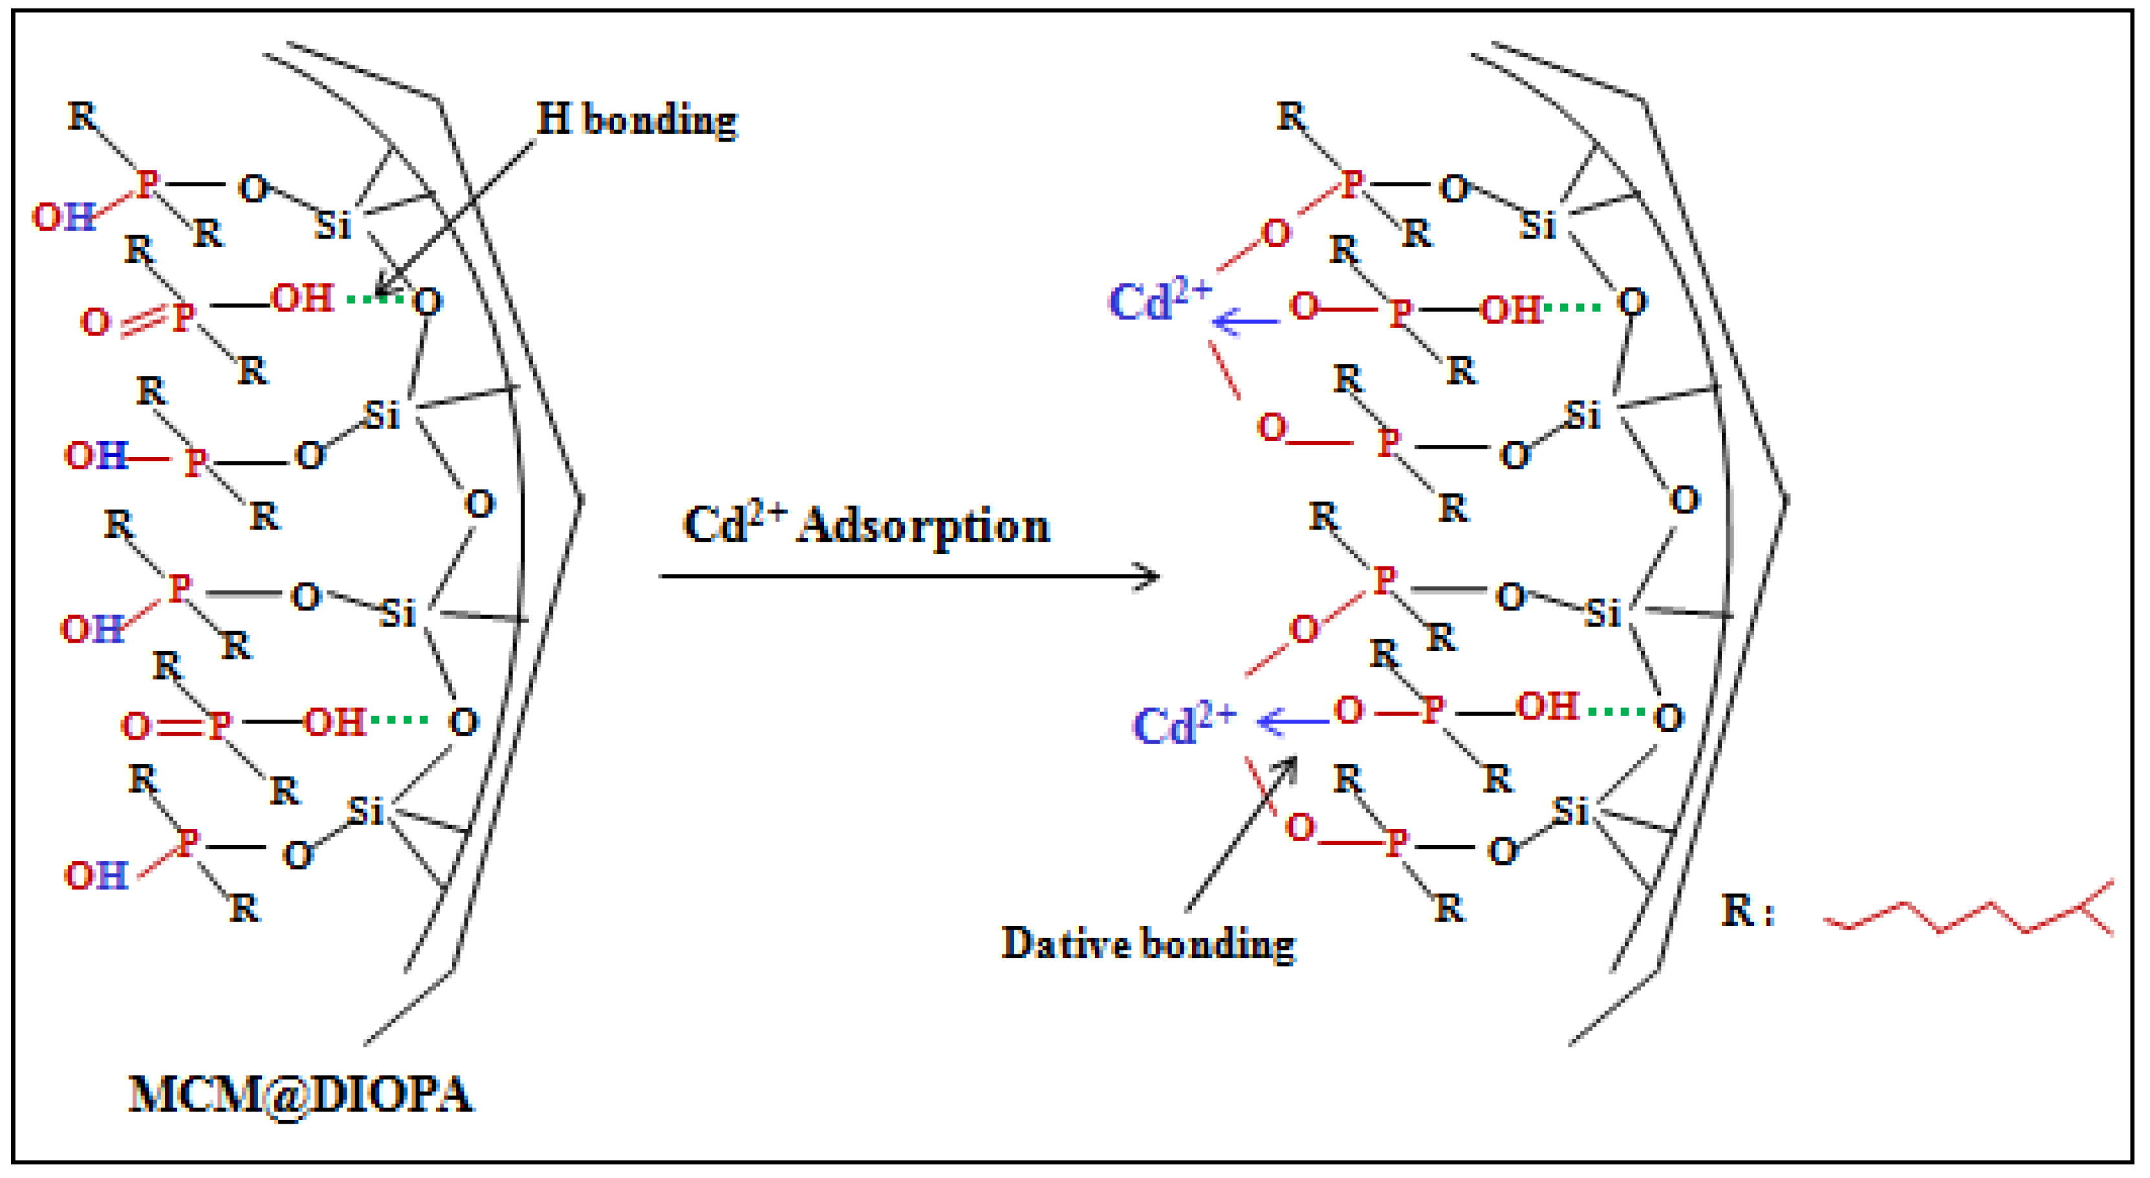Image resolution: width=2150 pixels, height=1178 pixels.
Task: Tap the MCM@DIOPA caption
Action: pos(301,1095)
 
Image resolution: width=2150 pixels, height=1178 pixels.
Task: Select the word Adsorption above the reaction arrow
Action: pos(923,526)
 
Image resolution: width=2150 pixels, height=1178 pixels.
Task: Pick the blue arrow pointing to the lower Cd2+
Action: pos(1292,721)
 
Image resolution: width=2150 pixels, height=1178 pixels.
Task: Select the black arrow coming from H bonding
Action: pos(455,219)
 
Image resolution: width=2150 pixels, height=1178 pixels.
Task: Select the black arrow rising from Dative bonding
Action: pos(1241,834)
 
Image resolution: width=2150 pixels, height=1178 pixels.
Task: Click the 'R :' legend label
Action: pos(1747,911)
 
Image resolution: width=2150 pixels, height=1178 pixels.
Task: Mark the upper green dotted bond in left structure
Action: pos(374,298)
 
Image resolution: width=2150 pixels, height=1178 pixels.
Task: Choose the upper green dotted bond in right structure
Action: pos(1572,307)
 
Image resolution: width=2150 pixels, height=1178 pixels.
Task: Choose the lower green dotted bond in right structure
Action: pos(1616,712)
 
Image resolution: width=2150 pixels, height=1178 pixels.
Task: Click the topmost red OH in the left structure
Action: pos(63,217)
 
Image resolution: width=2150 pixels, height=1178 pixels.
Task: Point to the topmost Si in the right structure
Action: pos(1537,225)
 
